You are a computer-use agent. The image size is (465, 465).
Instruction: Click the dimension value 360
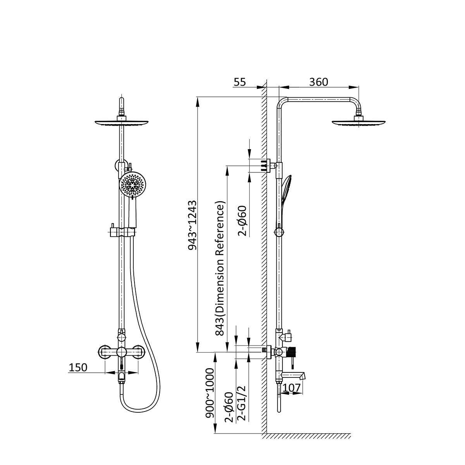pos(319,82)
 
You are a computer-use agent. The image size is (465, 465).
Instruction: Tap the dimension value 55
pos(239,82)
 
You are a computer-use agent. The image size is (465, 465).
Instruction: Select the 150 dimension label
pos(78,367)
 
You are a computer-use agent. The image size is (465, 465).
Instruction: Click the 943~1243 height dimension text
pos(193,226)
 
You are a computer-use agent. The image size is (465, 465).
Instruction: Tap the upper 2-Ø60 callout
pos(242,221)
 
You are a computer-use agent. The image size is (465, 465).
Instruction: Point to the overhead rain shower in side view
pos(358,121)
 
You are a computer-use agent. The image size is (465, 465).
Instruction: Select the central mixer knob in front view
pos(121,353)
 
